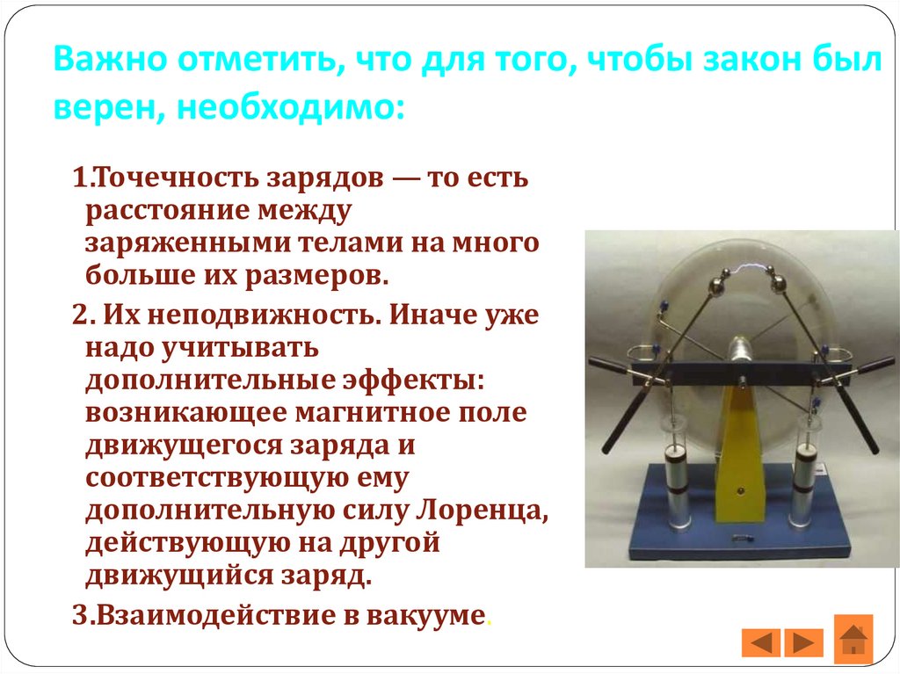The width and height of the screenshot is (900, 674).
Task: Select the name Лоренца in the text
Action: (486, 509)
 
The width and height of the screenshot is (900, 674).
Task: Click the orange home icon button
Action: (853, 635)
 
